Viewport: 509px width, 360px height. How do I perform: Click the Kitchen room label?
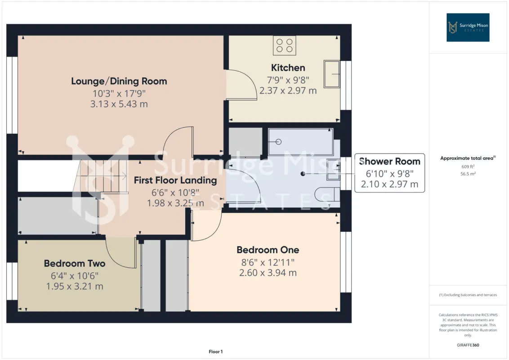point(288,67)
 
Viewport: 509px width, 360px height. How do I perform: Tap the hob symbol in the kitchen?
point(284,45)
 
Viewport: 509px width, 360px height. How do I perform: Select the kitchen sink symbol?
point(332,74)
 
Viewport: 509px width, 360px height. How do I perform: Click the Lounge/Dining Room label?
point(119,81)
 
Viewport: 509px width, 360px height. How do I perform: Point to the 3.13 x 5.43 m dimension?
point(119,104)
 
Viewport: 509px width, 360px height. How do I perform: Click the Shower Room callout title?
point(389,161)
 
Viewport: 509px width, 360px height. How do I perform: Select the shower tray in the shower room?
point(301,142)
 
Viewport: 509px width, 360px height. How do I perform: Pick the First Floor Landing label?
point(175,180)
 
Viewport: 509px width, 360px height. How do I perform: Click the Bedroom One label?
point(268,250)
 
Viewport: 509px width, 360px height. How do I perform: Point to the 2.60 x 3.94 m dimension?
point(268,273)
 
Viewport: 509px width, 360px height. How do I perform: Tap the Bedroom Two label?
point(75,263)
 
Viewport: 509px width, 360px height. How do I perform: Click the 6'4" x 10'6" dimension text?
point(75,276)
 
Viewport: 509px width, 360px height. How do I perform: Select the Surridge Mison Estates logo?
point(468,27)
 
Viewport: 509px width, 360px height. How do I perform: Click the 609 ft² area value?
point(468,166)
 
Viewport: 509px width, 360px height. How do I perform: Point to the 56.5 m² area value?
point(468,174)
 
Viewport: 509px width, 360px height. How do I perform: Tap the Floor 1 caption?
point(215,351)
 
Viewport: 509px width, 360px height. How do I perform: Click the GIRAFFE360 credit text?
point(468,345)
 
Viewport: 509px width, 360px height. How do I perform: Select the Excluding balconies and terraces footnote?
point(468,295)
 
